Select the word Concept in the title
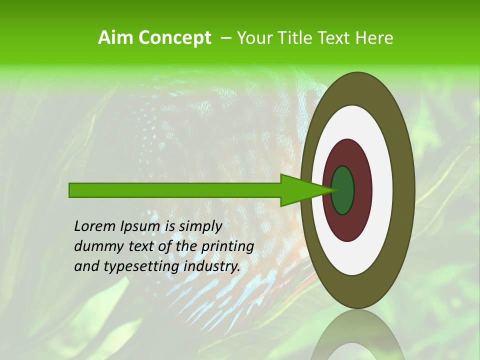coord(174,38)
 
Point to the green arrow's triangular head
coord(300,190)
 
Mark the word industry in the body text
coord(212,266)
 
